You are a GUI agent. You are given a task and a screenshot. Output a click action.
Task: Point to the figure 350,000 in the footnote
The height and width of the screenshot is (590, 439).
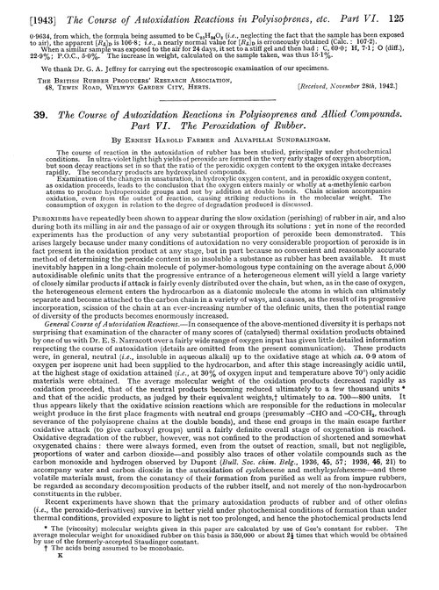coord(286,559)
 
